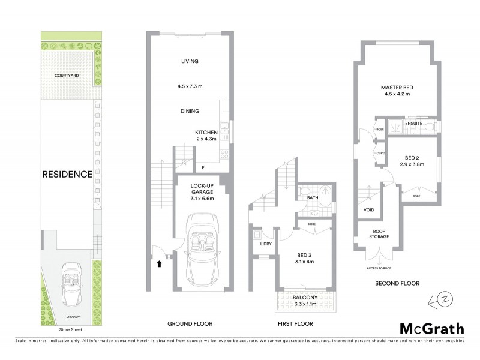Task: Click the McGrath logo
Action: pyautogui.click(x=432, y=328)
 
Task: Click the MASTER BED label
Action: pyautogui.click(x=397, y=88)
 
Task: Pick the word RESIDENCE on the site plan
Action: pyautogui.click(x=67, y=175)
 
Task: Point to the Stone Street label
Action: pyautogui.click(x=70, y=329)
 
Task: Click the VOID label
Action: pyautogui.click(x=370, y=211)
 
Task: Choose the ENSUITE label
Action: pyautogui.click(x=414, y=124)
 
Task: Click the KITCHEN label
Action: pyautogui.click(x=206, y=132)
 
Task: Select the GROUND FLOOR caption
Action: pyautogui.click(x=190, y=324)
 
